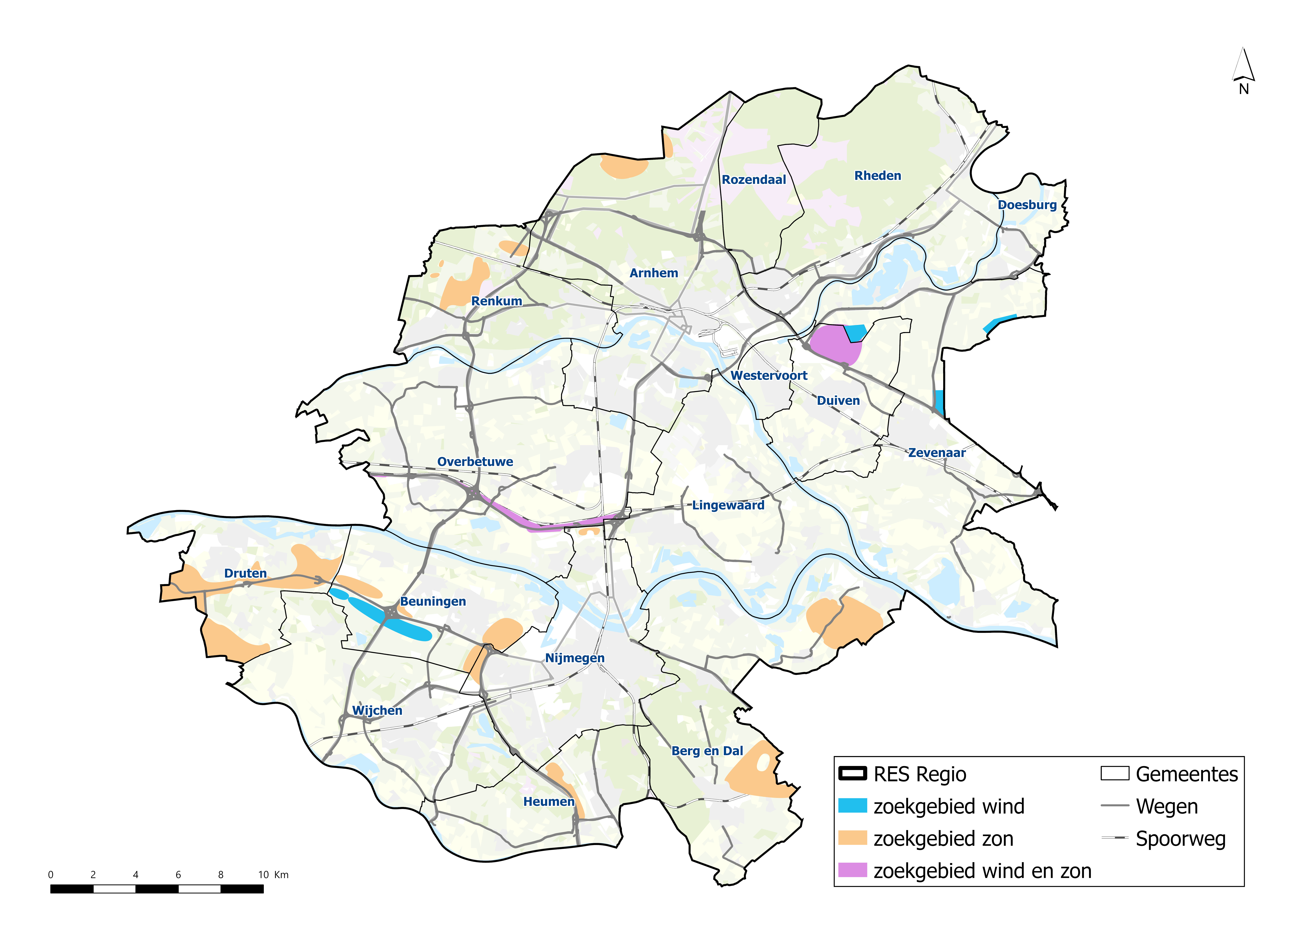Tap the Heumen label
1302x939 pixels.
(x=548, y=802)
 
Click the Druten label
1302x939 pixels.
(x=245, y=573)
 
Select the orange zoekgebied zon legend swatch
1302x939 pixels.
(x=852, y=838)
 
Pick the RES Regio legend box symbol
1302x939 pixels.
(x=852, y=774)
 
